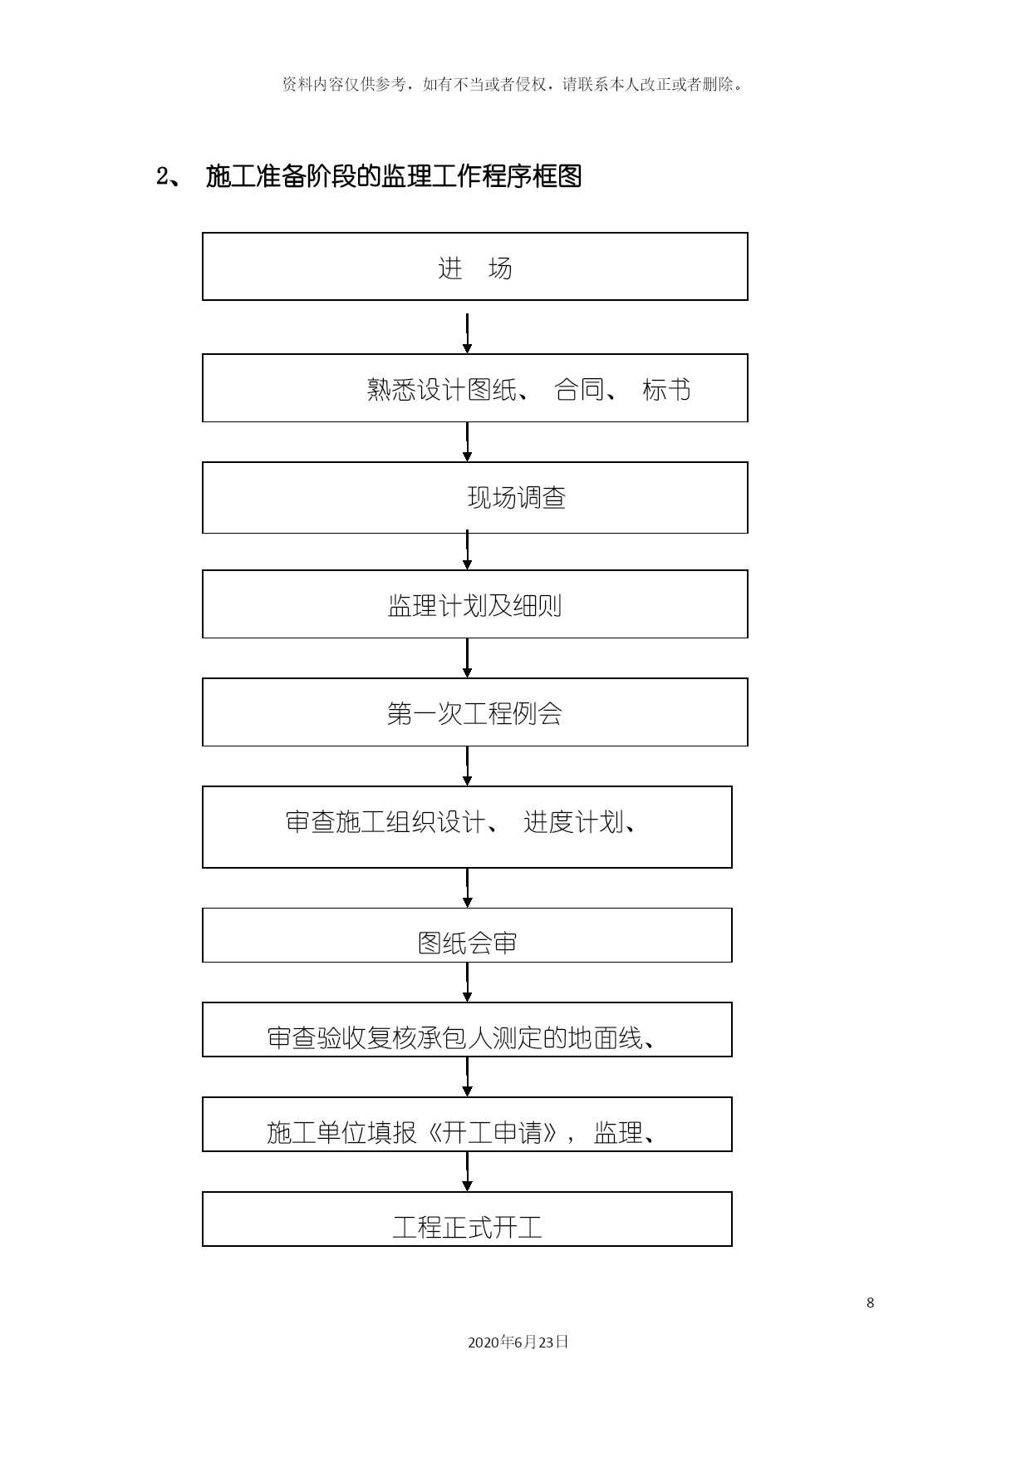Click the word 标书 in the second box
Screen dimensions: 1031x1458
(666, 389)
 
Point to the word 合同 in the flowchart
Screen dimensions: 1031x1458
(579, 389)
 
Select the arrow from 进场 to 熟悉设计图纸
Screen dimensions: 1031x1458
(467, 333)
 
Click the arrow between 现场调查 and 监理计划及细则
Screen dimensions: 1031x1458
(467, 551)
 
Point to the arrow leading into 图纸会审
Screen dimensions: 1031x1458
(467, 888)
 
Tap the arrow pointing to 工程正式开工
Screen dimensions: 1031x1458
(467, 1172)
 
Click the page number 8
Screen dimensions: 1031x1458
(870, 1303)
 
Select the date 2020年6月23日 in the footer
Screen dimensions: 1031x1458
(518, 1342)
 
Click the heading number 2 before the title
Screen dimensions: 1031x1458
(162, 176)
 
